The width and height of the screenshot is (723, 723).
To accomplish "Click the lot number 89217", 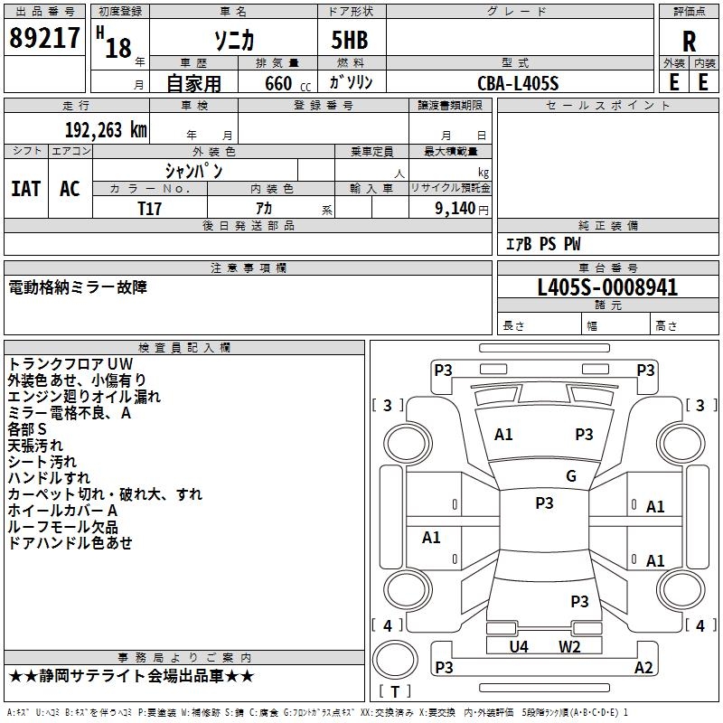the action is [x=44, y=38].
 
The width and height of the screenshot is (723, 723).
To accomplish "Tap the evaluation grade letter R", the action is [x=689, y=42].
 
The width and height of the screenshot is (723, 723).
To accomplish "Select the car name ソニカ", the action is [x=232, y=41].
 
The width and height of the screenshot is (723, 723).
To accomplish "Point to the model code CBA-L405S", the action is [x=518, y=83].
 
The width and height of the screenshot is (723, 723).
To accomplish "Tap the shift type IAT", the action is [x=25, y=188].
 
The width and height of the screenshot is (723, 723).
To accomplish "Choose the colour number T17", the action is [x=150, y=208].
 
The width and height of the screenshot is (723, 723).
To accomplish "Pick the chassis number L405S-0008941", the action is [x=607, y=287].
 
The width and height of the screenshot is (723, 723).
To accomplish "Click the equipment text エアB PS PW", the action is [x=542, y=244].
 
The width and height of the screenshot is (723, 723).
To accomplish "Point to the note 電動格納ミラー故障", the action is [x=77, y=287].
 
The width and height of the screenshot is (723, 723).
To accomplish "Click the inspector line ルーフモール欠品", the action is [x=62, y=527].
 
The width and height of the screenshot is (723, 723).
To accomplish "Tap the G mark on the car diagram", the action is [x=571, y=476].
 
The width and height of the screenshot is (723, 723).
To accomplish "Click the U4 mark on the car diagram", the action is [x=519, y=646].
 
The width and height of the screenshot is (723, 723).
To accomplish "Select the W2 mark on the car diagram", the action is [x=569, y=646].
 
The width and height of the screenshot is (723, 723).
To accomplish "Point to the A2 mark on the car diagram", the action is [x=643, y=668].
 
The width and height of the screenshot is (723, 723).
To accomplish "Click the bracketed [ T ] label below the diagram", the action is [x=395, y=692].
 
